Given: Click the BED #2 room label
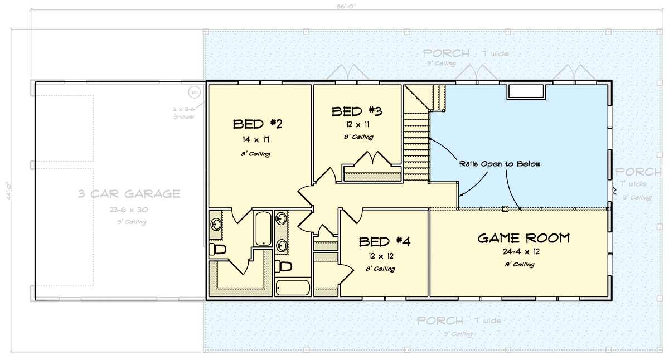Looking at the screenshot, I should (x=257, y=123).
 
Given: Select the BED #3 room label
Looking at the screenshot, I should (x=357, y=111).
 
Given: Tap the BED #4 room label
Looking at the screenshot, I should (x=385, y=242).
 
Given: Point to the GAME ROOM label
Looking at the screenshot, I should (x=523, y=239).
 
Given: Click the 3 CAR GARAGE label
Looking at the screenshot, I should (x=129, y=194).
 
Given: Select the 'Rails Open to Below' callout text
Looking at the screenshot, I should (x=500, y=164).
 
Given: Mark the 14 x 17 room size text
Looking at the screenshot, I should (x=256, y=139).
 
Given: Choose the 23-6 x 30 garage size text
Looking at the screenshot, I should (x=128, y=210).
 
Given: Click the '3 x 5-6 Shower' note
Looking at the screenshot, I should (x=183, y=113).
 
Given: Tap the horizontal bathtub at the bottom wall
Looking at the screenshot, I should (x=293, y=288).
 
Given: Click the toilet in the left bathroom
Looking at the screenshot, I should (x=218, y=249).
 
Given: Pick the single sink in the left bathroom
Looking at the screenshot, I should (x=217, y=224).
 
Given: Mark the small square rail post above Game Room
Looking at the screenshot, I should (x=505, y=210).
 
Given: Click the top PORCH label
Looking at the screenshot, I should (x=446, y=53).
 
